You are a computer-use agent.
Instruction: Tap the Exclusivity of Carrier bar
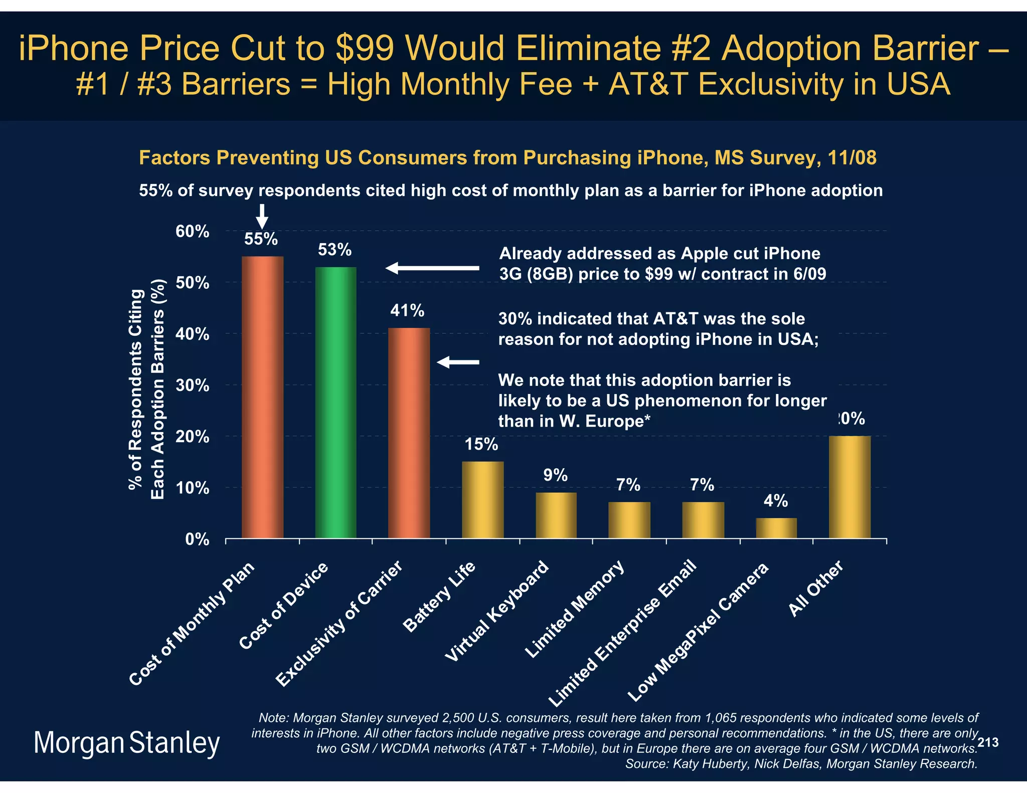409,433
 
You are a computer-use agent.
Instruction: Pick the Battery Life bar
482,500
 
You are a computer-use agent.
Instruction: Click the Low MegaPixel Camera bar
776,528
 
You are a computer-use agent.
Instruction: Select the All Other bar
849,487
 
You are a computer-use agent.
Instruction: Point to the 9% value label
555,475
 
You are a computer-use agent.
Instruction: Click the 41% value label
407,311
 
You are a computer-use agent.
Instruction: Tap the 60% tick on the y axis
192,232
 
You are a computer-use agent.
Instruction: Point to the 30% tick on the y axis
192,385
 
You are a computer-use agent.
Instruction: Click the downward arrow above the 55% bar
262,216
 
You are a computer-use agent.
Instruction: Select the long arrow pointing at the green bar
432,268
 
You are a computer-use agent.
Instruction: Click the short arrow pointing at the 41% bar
458,362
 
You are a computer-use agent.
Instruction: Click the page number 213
988,742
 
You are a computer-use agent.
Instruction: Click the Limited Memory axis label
574,609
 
